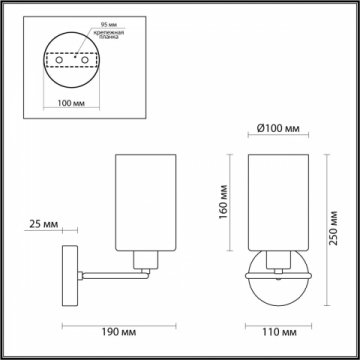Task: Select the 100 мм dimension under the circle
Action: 70,102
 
